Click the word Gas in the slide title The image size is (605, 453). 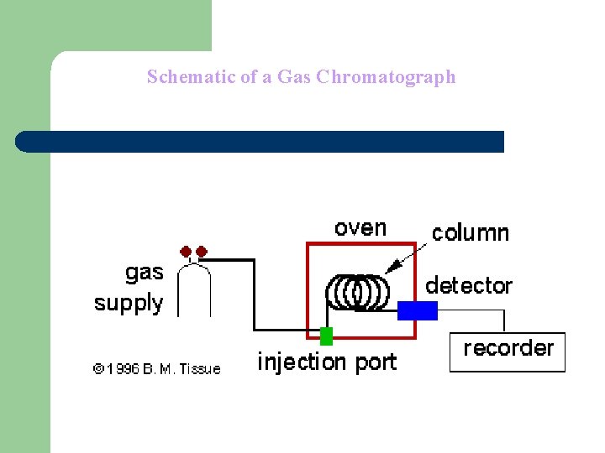[x=295, y=77]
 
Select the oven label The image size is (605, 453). [x=360, y=227]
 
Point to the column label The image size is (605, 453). [x=471, y=232]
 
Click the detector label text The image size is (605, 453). [x=469, y=285]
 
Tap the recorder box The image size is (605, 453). [x=508, y=351]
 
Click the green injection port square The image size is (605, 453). [x=326, y=336]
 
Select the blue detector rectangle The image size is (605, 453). [x=418, y=310]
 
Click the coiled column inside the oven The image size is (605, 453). [x=358, y=292]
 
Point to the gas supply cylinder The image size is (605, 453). [x=195, y=289]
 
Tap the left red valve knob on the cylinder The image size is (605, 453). [x=186, y=251]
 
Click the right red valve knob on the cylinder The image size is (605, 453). [x=202, y=251]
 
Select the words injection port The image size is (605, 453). [x=326, y=362]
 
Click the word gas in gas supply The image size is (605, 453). [x=144, y=273]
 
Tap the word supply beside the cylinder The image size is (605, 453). [x=129, y=303]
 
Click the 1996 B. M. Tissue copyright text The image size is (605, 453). [x=157, y=368]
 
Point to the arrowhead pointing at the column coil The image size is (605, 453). [x=387, y=269]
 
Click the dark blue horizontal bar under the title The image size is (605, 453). [x=260, y=142]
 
